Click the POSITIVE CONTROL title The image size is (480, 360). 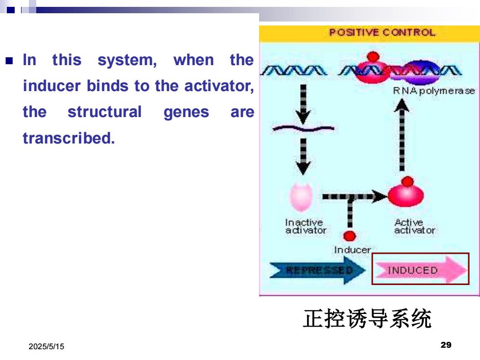[x=383, y=32]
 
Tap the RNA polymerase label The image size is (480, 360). [x=434, y=91]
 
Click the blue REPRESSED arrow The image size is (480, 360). [x=318, y=270]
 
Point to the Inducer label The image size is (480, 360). [x=352, y=250]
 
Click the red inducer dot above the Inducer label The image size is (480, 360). [x=350, y=236]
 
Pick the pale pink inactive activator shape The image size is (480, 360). [x=302, y=197]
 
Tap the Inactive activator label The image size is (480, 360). [x=306, y=226]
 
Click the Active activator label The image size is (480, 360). [x=414, y=226]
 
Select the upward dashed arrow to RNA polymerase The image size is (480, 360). [x=402, y=135]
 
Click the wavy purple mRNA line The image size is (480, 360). [x=303, y=128]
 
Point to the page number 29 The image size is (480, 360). [x=446, y=345]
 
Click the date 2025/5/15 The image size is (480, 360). [x=47, y=346]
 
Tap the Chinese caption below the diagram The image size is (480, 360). [x=367, y=319]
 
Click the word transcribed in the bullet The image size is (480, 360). [x=69, y=138]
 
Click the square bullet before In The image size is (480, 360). [x=9, y=60]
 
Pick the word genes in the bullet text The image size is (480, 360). [x=187, y=112]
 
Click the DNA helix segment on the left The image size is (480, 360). [x=294, y=71]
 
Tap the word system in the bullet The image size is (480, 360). [x=127, y=60]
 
